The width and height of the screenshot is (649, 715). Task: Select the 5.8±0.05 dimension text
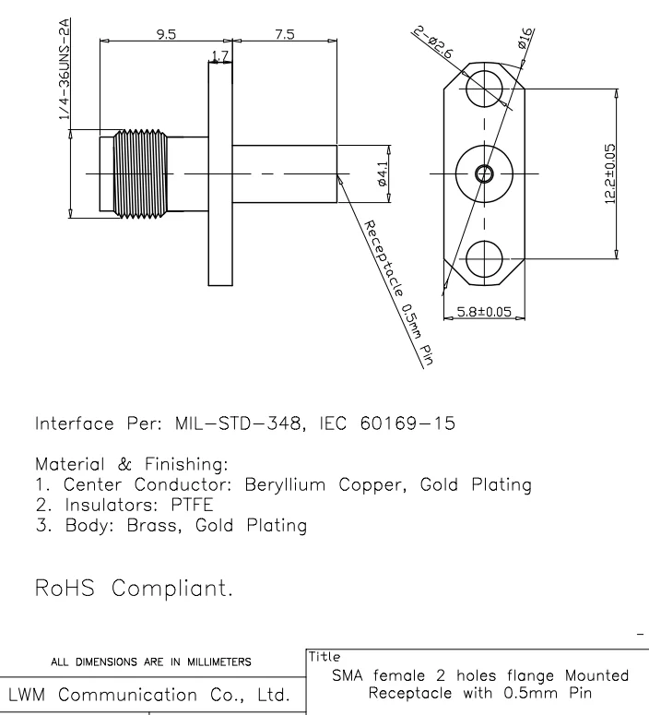point(484,311)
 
